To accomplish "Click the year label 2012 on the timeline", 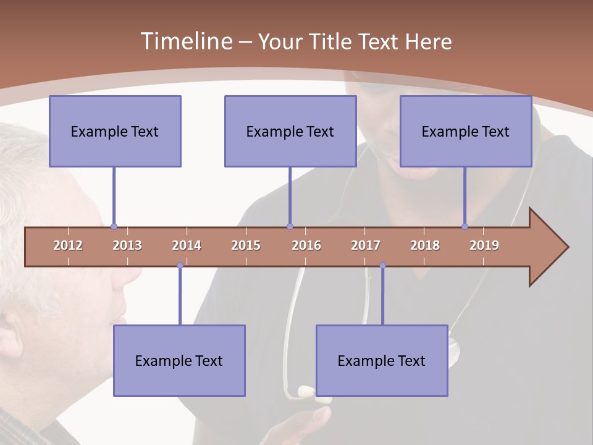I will point(68,245).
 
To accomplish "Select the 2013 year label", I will point(127,245).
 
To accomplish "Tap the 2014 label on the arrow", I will point(187,245).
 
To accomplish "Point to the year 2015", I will point(246,245).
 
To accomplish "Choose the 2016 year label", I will point(306,245).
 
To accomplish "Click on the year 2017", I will point(366,245).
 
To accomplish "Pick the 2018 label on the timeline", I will point(425,245).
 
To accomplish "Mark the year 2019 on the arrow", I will point(484,245).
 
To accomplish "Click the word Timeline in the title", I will point(185,41).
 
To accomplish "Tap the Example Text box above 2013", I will point(115,131).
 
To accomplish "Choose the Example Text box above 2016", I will point(290,131).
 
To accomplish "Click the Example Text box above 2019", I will point(466,131).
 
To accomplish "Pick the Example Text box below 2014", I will point(179,360).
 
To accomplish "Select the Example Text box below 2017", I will point(382,360).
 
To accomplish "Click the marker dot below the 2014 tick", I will point(180,266).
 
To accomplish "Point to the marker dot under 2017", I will point(382,266).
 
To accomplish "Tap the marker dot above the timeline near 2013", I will point(114,226).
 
